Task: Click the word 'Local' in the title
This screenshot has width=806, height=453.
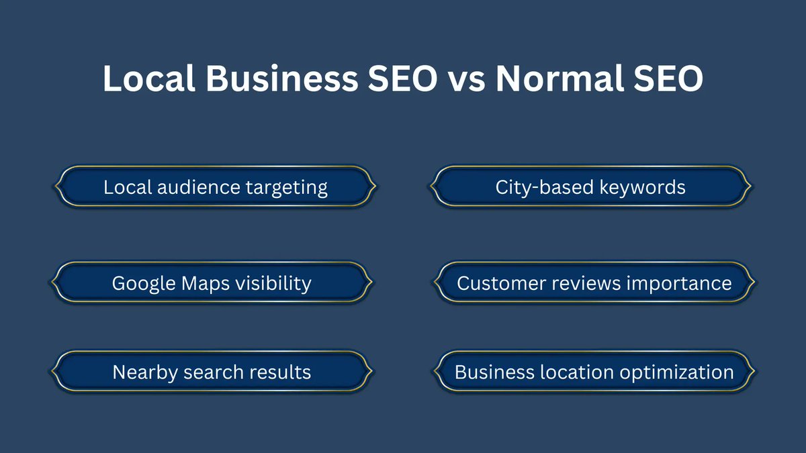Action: coord(148,79)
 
